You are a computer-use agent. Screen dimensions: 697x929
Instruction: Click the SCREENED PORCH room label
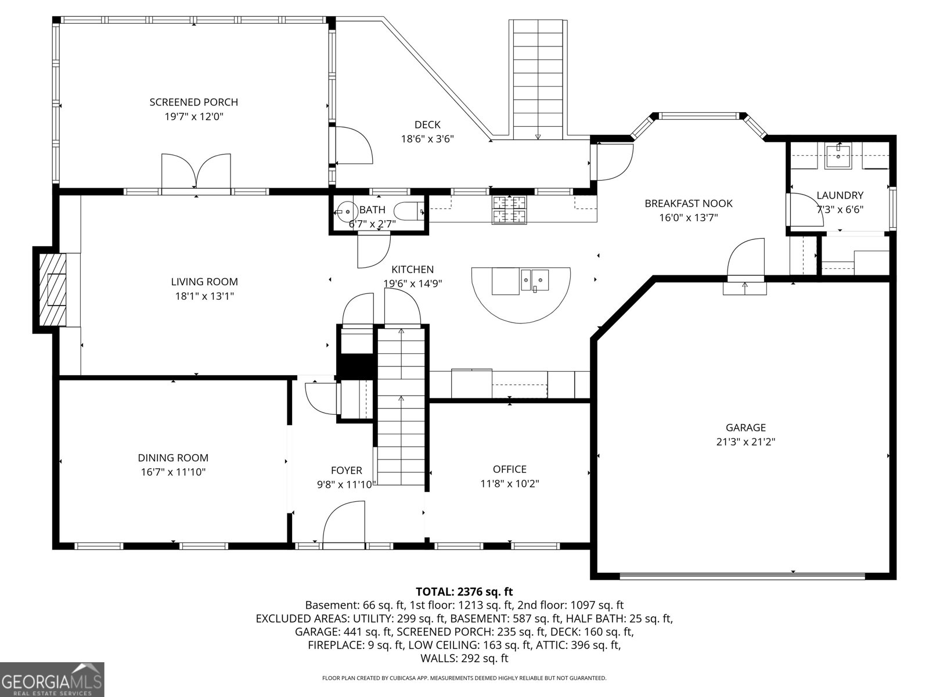(194, 102)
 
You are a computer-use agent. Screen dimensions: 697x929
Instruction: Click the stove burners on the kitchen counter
(510, 210)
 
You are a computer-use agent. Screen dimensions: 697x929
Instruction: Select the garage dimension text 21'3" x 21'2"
(746, 441)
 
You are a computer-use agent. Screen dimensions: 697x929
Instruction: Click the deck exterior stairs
(538, 78)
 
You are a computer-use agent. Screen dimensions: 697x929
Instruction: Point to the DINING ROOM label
(173, 458)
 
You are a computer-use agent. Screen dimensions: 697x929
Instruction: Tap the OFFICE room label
(509, 469)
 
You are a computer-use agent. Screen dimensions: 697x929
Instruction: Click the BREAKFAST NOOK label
(688, 203)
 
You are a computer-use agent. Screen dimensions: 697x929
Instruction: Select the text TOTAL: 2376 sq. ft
(464, 592)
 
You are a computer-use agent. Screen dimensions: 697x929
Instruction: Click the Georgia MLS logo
(52, 680)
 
